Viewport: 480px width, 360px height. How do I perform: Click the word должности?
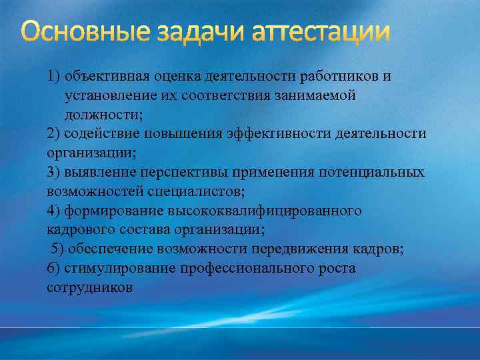click(103, 114)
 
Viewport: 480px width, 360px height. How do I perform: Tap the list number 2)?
click(55, 133)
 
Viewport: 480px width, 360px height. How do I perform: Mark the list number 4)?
click(55, 211)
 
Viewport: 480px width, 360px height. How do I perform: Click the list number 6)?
click(55, 268)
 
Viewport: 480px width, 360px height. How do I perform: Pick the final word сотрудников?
click(90, 287)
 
